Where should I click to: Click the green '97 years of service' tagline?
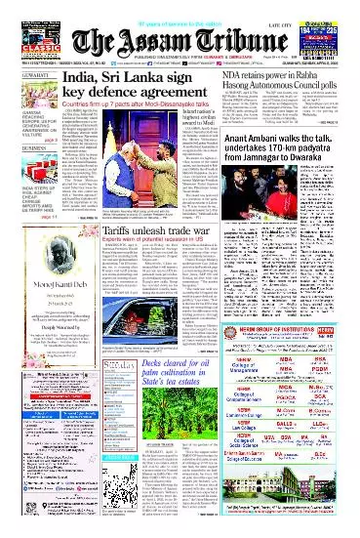pos(180,6)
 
